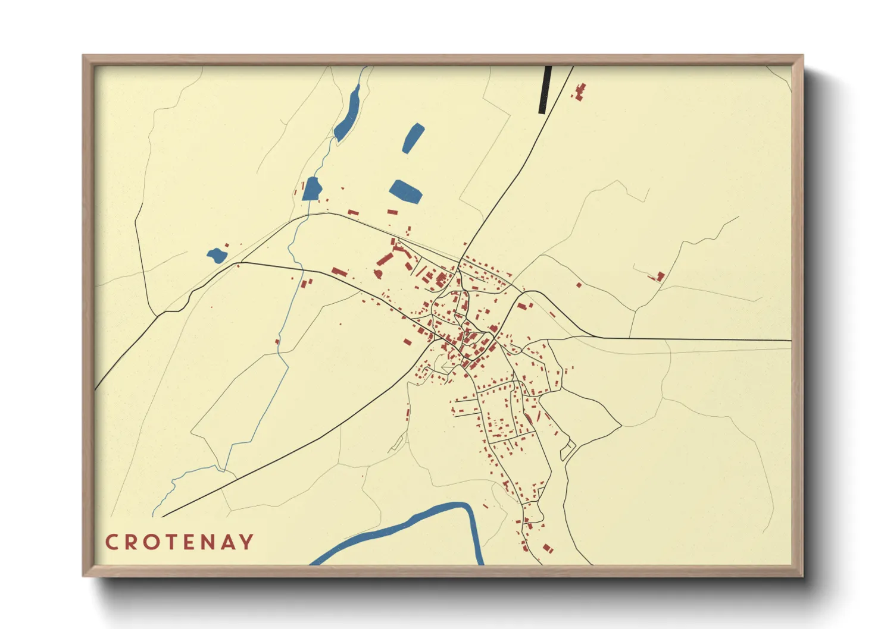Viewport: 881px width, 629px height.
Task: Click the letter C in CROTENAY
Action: click(111, 542)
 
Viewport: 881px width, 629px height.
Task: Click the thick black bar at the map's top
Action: click(545, 89)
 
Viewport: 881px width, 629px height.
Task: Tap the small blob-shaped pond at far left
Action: click(217, 256)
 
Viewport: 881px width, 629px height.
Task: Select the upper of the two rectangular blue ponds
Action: click(413, 138)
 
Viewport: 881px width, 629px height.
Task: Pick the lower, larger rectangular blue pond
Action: click(406, 191)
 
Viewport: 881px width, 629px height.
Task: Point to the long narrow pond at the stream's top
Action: click(347, 114)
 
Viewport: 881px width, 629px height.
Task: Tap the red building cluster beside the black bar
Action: click(579, 92)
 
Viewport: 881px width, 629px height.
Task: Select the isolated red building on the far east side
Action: click(660, 276)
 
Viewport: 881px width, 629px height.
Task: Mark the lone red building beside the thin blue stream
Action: click(277, 341)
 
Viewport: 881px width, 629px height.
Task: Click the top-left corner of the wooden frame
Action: click(85, 57)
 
